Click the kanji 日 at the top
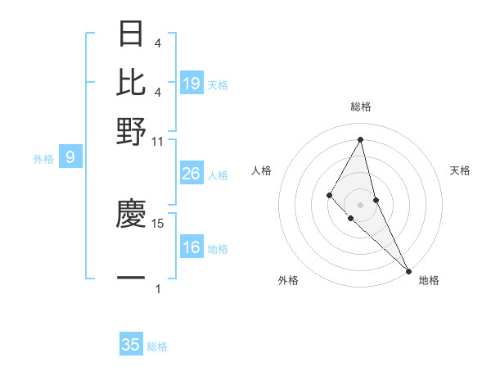132,34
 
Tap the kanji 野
132,130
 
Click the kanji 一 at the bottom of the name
132,279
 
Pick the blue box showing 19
191,83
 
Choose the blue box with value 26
191,174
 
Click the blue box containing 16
191,247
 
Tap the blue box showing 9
70,157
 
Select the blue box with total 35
131,345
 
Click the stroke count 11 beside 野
158,140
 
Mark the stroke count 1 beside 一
158,288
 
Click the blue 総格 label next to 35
157,346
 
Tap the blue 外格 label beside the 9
43,159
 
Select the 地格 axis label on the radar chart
429,280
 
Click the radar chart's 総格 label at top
361,106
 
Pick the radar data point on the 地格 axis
408,270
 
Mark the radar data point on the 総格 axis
361,138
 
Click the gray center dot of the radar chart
361,204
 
